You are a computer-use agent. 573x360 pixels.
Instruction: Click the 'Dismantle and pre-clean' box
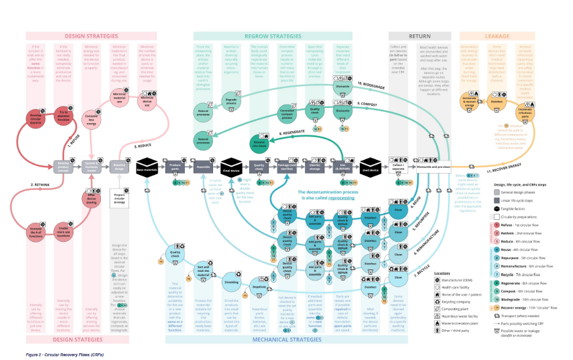(x=435, y=166)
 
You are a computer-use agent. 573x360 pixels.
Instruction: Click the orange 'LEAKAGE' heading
(x=496, y=36)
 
